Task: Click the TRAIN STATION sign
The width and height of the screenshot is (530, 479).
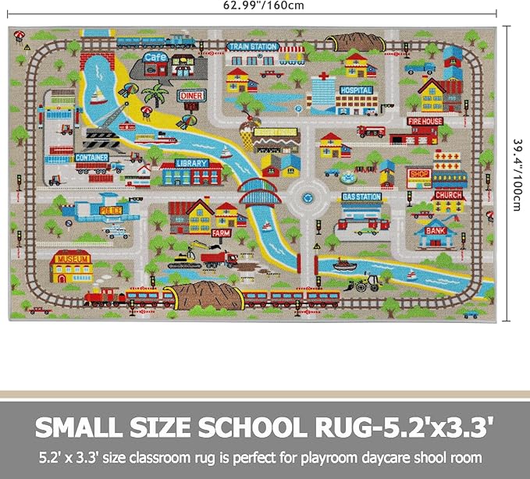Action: [252, 47]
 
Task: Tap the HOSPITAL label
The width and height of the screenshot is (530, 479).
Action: [356, 90]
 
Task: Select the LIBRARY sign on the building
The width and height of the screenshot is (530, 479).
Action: [191, 163]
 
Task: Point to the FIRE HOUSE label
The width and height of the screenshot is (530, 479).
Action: [425, 122]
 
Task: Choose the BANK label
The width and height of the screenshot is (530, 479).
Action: [434, 230]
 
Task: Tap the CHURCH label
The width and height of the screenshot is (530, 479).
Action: [448, 195]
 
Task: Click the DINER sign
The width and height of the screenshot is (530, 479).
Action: [191, 95]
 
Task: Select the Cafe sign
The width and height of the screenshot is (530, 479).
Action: [156, 56]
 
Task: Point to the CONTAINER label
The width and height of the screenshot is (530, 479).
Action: [92, 158]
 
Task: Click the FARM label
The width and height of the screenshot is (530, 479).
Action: [221, 232]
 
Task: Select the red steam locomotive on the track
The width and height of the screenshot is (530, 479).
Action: [105, 296]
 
